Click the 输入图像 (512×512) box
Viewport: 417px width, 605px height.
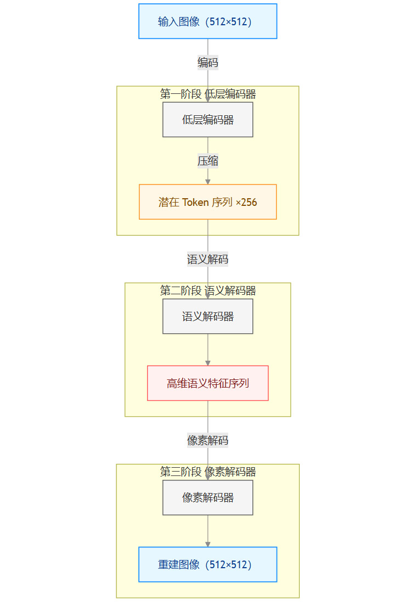click(207, 21)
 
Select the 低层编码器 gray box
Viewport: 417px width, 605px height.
click(207, 120)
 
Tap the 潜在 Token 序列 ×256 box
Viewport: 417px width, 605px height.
click(207, 202)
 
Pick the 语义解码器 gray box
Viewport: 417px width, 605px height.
click(207, 317)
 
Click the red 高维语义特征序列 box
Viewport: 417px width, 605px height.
click(207, 383)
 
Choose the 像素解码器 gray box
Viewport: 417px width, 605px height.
click(207, 498)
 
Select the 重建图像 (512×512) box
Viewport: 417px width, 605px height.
click(207, 564)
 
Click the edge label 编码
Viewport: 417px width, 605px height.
click(207, 63)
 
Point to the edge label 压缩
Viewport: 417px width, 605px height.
click(207, 161)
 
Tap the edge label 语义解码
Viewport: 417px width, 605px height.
click(207, 260)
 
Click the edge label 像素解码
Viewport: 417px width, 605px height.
click(207, 440)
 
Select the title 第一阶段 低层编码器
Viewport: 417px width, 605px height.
click(207, 94)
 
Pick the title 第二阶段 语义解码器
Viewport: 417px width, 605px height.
click(207, 291)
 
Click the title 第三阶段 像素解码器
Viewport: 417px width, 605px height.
click(207, 472)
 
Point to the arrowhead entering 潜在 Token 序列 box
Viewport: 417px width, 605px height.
click(207, 181)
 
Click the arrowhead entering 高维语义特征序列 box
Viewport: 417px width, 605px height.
click(207, 362)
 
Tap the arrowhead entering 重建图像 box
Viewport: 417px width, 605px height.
click(207, 544)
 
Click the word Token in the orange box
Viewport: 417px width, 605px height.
click(195, 203)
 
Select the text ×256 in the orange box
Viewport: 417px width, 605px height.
click(246, 203)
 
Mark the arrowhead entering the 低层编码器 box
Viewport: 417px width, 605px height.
click(207, 99)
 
